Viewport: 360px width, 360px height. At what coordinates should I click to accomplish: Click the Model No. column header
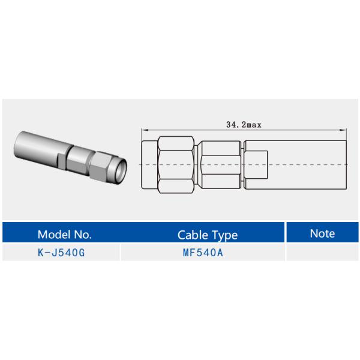pos(64,234)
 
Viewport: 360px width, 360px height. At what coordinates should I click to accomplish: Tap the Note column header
pos(322,233)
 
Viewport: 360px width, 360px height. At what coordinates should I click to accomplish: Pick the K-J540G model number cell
pos(61,253)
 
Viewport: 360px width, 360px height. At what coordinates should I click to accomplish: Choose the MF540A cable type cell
pos(203,253)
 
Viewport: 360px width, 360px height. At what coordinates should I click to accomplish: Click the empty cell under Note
pos(322,253)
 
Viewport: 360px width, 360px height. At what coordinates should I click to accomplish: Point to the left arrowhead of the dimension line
pos(143,130)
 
